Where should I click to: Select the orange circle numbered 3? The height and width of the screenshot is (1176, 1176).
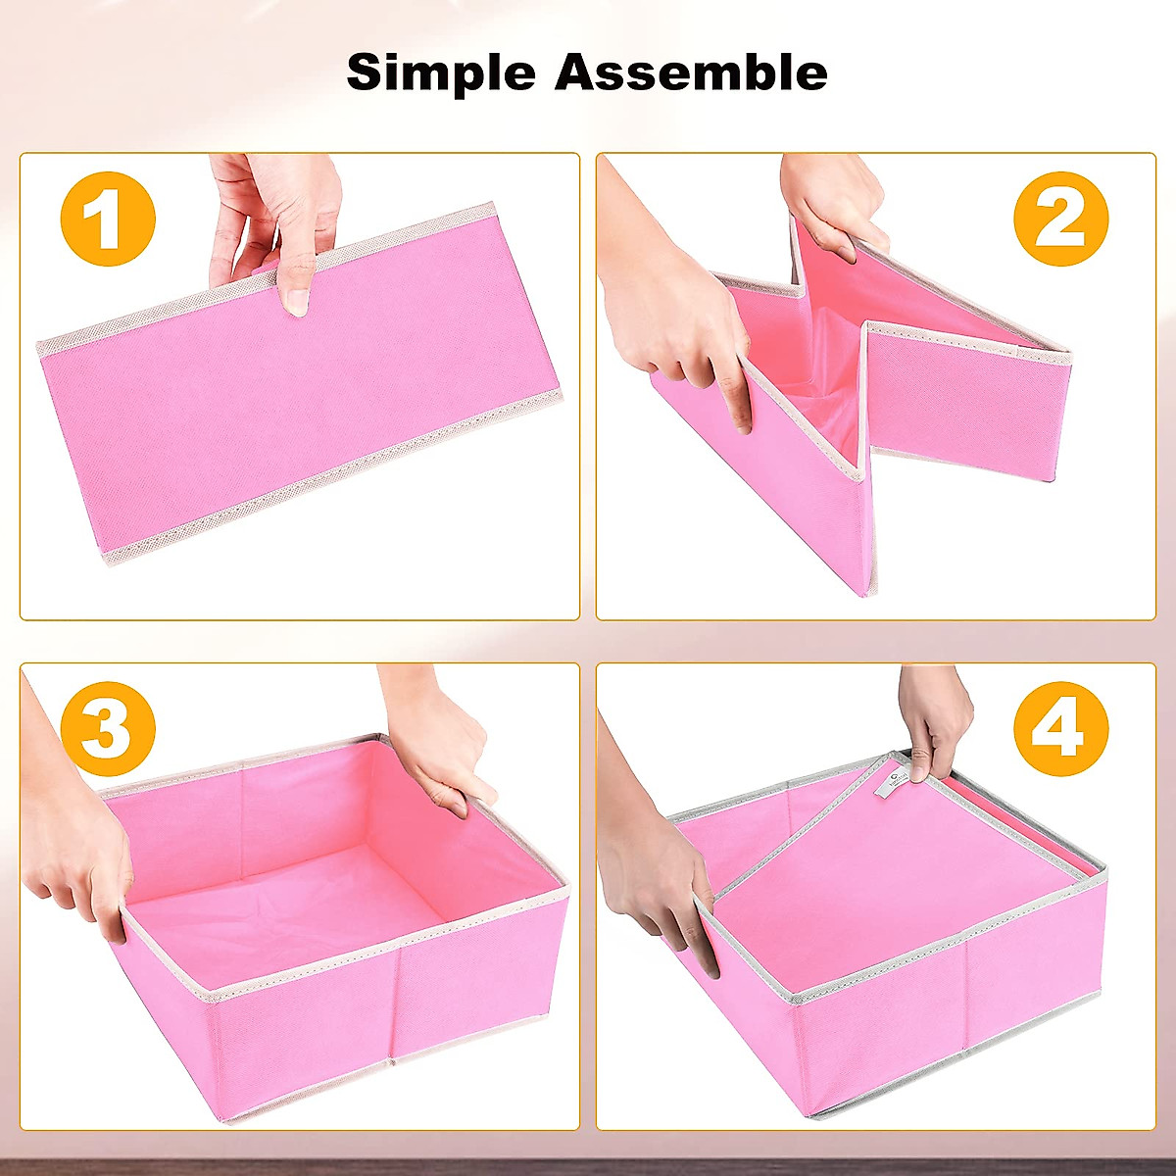pyautogui.click(x=108, y=728)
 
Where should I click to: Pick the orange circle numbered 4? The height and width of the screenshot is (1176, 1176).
pyautogui.click(x=1060, y=728)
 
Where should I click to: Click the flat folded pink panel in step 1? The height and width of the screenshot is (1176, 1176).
pyautogui.click(x=294, y=412)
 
